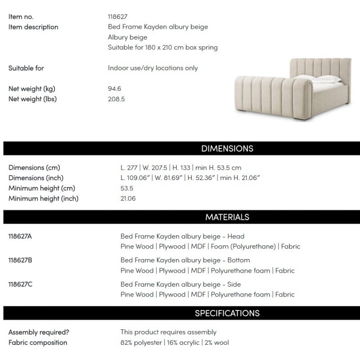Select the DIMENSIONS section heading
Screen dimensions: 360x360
tap(227, 148)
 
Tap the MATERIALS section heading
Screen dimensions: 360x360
tap(227, 217)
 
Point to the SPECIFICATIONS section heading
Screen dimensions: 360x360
tap(227, 313)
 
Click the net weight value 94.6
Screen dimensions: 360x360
tap(114, 89)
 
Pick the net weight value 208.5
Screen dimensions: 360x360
tap(116, 99)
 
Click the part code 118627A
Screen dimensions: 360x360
tap(20, 236)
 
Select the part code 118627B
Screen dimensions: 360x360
tap(20, 260)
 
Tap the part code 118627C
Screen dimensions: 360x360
tap(20, 284)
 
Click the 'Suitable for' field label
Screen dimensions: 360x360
tap(26, 68)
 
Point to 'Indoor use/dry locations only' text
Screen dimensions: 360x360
tap(153, 68)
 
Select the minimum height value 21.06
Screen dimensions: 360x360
tap(128, 198)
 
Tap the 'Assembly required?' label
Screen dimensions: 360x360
tap(39, 332)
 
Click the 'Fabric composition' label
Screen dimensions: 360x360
tap(38, 342)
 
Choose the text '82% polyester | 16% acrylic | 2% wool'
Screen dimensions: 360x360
tap(175, 342)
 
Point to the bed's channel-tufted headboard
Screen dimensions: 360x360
tap(322, 67)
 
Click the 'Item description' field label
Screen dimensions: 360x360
tap(33, 27)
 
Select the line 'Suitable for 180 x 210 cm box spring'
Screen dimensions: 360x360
tap(162, 47)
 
